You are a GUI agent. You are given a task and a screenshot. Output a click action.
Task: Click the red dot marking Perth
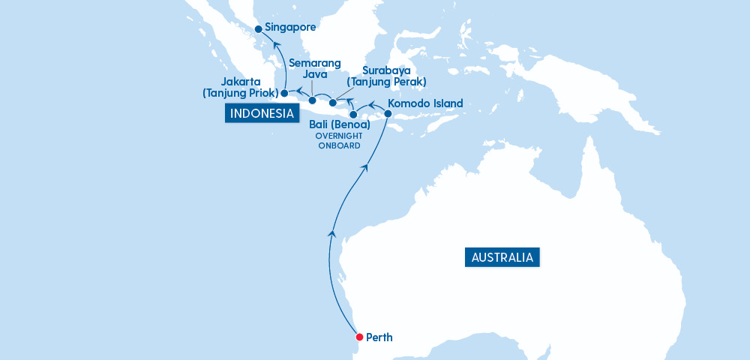360,337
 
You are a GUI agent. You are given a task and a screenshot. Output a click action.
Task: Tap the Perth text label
379,337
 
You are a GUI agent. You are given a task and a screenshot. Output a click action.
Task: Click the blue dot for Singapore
258,29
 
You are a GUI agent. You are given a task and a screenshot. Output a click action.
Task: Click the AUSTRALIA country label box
502,257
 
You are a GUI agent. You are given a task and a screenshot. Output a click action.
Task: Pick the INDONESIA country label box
261,113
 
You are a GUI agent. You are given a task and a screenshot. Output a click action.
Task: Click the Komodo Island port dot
388,113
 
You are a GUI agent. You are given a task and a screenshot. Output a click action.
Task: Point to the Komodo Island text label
425,103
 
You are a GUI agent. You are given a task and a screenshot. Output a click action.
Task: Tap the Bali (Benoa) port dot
354,115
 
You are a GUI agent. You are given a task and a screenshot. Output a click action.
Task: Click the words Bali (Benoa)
340,124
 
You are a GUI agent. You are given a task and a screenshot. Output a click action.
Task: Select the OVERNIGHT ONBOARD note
339,141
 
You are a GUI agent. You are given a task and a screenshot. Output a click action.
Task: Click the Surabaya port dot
332,102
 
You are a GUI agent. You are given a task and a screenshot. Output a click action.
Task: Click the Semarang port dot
313,100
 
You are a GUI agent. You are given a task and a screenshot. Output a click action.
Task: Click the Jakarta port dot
284,94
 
